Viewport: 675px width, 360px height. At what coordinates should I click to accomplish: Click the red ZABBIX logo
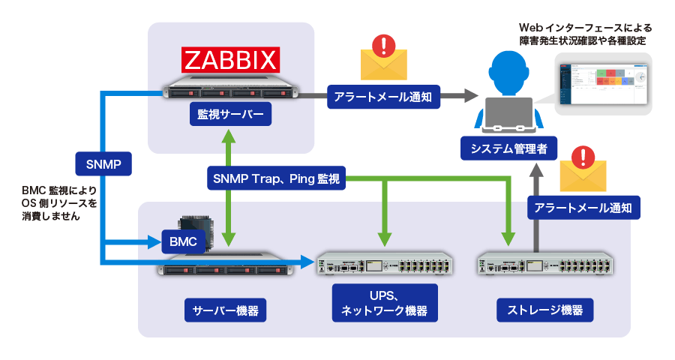click(x=231, y=59)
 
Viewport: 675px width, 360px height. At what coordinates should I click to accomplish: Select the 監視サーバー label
click(x=230, y=116)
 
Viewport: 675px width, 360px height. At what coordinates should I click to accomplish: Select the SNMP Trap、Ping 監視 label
click(x=275, y=178)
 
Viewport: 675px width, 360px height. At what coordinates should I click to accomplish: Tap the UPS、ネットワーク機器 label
click(x=384, y=303)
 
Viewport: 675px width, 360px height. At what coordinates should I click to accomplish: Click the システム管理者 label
click(x=508, y=149)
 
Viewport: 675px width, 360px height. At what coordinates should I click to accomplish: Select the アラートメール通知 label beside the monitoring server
click(x=383, y=96)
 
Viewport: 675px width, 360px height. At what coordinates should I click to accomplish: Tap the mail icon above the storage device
click(x=582, y=169)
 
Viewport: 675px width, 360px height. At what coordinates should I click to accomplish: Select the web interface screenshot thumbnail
click(x=603, y=83)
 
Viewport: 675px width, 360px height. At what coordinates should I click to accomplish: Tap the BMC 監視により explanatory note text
click(x=59, y=203)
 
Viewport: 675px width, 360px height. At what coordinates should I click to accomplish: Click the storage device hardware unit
click(x=544, y=265)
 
